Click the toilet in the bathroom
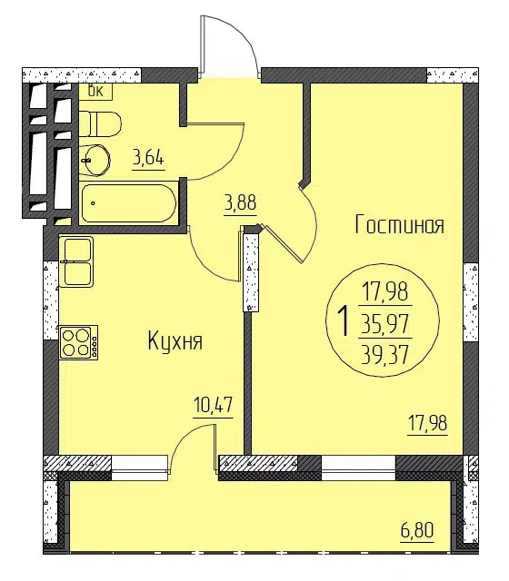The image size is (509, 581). point(100,123)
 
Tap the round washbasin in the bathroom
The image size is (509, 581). point(95,160)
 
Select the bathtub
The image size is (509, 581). point(128,203)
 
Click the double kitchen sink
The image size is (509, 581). point(76,261)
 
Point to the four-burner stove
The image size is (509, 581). point(78,342)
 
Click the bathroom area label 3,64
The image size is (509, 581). point(148,160)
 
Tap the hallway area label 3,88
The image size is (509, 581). point(240,203)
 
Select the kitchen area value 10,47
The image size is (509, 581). point(214,406)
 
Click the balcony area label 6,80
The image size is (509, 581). point(417,530)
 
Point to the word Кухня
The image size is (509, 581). point(175,341)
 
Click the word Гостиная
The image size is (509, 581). point(400,224)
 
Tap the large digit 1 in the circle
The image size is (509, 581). point(344,320)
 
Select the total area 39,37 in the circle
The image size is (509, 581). point(385,354)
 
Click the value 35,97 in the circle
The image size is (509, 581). point(385,323)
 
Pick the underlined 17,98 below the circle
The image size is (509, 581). point(427,423)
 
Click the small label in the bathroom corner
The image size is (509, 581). point(95,91)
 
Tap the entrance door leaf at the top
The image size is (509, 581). point(202,44)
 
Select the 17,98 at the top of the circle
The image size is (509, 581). point(385,291)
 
